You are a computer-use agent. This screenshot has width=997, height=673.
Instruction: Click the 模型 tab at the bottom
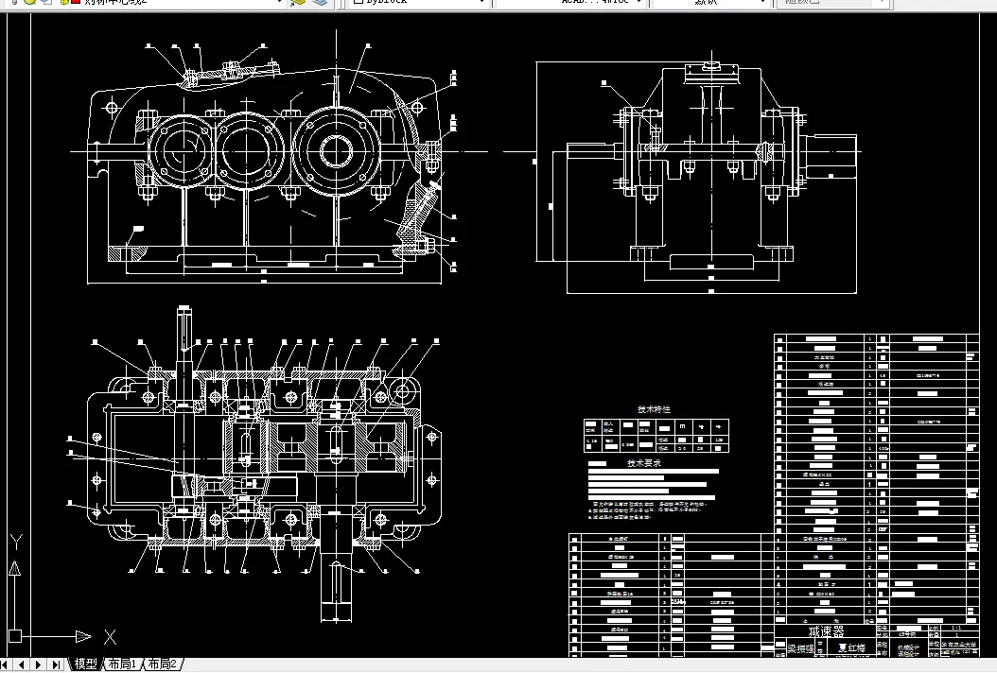(85, 664)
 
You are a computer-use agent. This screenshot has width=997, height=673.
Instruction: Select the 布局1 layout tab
(122, 664)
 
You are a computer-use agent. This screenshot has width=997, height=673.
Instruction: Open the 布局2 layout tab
(161, 664)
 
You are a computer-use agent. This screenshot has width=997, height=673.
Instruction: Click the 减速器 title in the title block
(825, 630)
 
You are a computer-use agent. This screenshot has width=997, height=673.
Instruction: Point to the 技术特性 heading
(654, 409)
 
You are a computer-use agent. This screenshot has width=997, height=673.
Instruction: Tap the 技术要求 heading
(644, 463)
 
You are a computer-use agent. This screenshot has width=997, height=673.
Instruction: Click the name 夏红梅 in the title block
(855, 649)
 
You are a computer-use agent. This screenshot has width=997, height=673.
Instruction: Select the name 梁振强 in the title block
(800, 649)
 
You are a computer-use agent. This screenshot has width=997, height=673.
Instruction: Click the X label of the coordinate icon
(110, 636)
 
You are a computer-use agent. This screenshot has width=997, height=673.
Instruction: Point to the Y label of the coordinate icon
(15, 542)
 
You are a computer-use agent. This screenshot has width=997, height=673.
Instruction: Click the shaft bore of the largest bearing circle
(336, 150)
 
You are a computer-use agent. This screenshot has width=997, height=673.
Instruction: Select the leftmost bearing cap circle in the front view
(183, 151)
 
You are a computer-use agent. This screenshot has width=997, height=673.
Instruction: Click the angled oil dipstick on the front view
(425, 207)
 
